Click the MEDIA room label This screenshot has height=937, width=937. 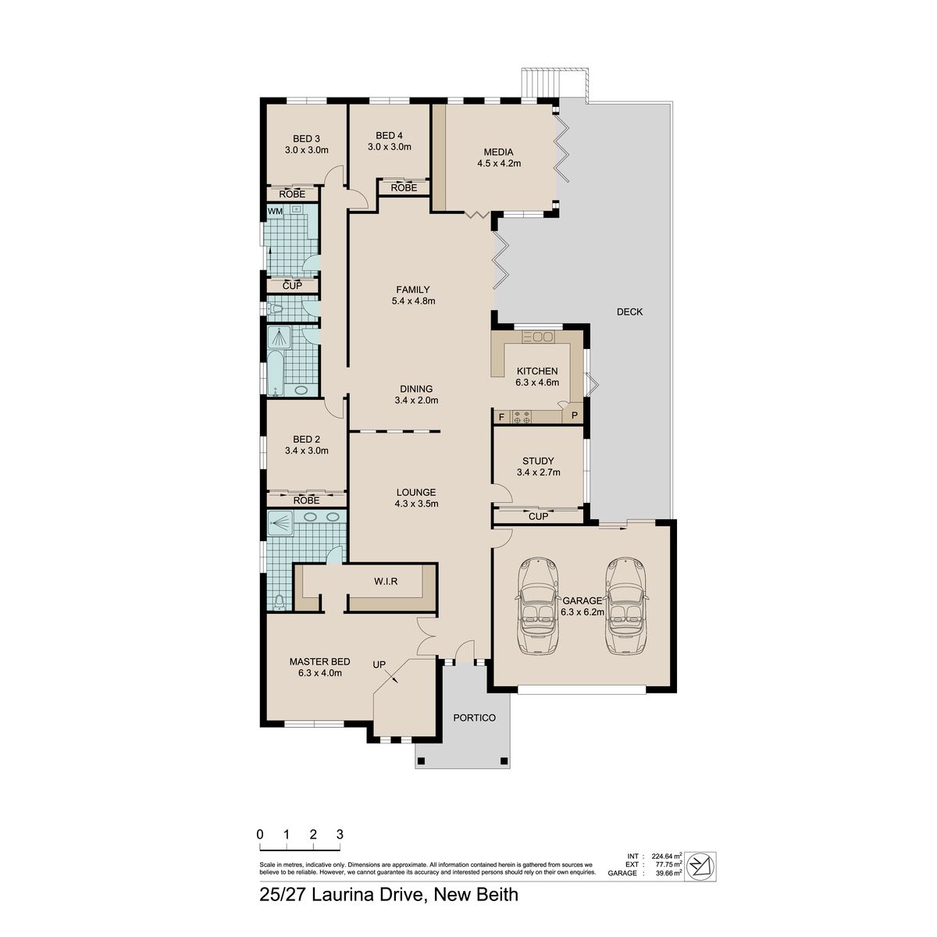coord(498,152)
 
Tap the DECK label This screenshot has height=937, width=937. coord(629,312)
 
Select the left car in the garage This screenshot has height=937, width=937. coord(538,605)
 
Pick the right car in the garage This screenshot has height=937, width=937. coord(626,605)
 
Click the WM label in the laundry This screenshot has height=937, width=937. coord(275,211)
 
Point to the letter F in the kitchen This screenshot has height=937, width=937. coord(501,417)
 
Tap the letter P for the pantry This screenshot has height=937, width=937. coord(574,415)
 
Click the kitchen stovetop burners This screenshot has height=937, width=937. coord(522,417)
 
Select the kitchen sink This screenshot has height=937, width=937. coord(538,337)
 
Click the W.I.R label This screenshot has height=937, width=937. coord(386,581)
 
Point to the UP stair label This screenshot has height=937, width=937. coord(379,664)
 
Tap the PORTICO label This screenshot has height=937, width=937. coord(475,718)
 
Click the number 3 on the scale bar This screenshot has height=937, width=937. coord(340,835)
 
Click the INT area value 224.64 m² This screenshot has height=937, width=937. coord(667,857)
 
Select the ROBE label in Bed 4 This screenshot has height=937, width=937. coord(404,187)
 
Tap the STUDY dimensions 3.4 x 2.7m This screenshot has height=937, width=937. coord(538,472)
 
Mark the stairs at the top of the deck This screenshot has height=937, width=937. coord(554,84)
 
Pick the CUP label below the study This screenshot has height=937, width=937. coord(538,516)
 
